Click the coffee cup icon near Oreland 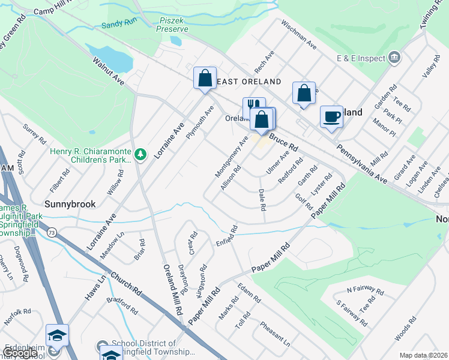(x=331, y=116)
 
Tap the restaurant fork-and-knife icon (x=253, y=106)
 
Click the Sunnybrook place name (x=71, y=204)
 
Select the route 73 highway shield (x=53, y=232)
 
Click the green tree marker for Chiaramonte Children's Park (x=140, y=155)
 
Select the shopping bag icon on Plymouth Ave (x=205, y=78)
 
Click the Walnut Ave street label (x=107, y=70)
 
